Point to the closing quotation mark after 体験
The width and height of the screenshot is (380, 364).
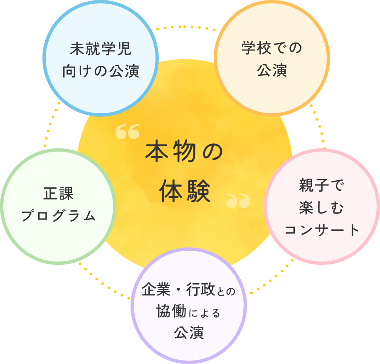point(238,201)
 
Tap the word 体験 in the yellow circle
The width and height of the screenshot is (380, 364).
point(185,191)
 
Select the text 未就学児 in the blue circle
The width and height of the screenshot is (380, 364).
point(101,49)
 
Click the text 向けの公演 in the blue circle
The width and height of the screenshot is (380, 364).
point(101,71)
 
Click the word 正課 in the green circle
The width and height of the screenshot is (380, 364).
point(58,194)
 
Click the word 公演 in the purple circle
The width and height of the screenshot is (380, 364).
point(189,333)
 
